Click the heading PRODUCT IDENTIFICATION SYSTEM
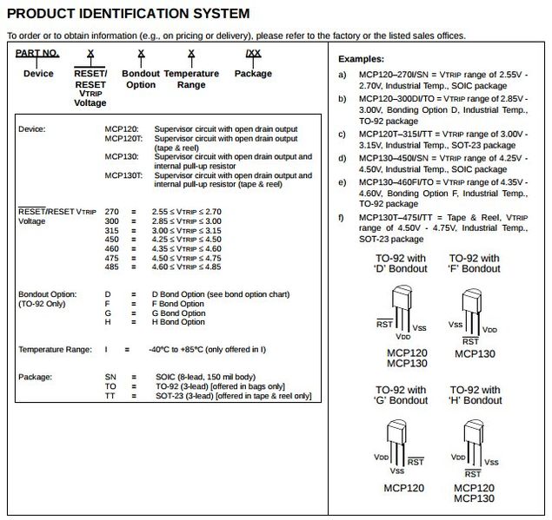[x=128, y=14]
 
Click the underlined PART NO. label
[x=37, y=53]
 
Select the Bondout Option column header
[x=140, y=79]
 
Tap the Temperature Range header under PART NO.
[x=191, y=79]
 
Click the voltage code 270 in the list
[x=111, y=211]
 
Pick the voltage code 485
[x=111, y=267]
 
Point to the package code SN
[x=110, y=377]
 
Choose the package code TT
[x=110, y=396]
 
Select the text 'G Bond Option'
[x=178, y=313]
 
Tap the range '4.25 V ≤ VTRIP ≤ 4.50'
[x=186, y=239]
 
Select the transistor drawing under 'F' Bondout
[x=473, y=311]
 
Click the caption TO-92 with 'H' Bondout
[x=475, y=395]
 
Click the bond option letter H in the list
[x=108, y=323]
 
